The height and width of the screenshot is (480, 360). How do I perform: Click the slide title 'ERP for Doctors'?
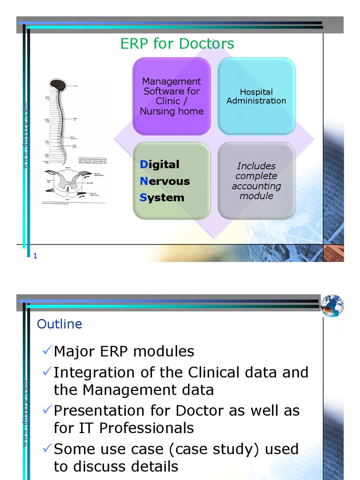(x=177, y=44)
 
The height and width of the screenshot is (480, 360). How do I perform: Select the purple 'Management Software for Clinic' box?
(x=172, y=96)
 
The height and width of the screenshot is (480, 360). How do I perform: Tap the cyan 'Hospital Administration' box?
(x=256, y=96)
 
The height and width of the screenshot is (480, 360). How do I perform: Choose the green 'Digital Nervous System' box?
(x=172, y=181)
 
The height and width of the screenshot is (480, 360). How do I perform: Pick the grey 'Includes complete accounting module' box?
(x=256, y=181)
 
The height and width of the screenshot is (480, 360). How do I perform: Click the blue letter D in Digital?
(x=143, y=165)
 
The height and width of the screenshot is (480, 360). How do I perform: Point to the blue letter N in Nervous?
(x=144, y=181)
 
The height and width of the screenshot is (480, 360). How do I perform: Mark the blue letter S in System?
(x=143, y=198)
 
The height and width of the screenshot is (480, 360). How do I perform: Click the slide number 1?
(x=35, y=255)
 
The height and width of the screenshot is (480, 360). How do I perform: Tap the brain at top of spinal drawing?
(x=58, y=85)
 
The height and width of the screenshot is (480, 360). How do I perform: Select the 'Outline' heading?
(x=60, y=324)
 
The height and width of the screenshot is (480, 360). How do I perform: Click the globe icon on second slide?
(x=332, y=306)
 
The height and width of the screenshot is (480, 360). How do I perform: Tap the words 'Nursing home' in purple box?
(x=172, y=112)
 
